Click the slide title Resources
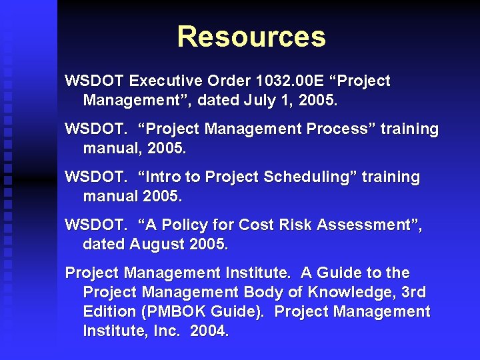[x=251, y=37]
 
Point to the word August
[x=158, y=245]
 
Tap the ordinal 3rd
[x=413, y=293]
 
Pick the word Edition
[x=107, y=312]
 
